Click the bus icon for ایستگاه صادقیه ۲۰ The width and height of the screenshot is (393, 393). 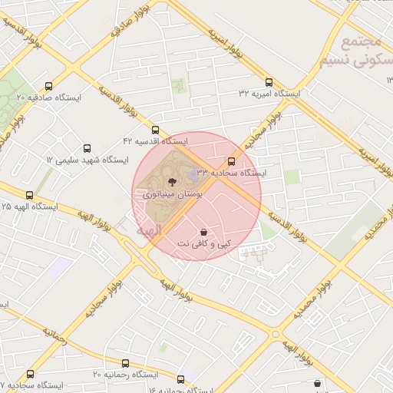tap(50, 87)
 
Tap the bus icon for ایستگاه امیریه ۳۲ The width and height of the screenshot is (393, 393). tap(269, 82)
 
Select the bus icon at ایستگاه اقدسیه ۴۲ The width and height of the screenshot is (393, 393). tap(156, 130)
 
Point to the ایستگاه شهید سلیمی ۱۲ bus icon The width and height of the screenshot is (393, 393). tap(87, 148)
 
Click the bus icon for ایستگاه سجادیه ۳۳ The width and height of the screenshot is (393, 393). tap(231, 162)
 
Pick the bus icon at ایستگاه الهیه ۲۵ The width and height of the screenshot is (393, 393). tap(30, 196)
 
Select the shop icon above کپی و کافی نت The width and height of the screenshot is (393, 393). tap(203, 232)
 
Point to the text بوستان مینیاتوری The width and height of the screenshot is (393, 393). tap(170, 196)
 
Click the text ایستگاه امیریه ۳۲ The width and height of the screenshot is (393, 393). tap(269, 93)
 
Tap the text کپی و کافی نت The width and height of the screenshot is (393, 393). tap(203, 243)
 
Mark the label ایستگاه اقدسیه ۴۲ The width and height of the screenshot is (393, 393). tap(156, 142)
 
